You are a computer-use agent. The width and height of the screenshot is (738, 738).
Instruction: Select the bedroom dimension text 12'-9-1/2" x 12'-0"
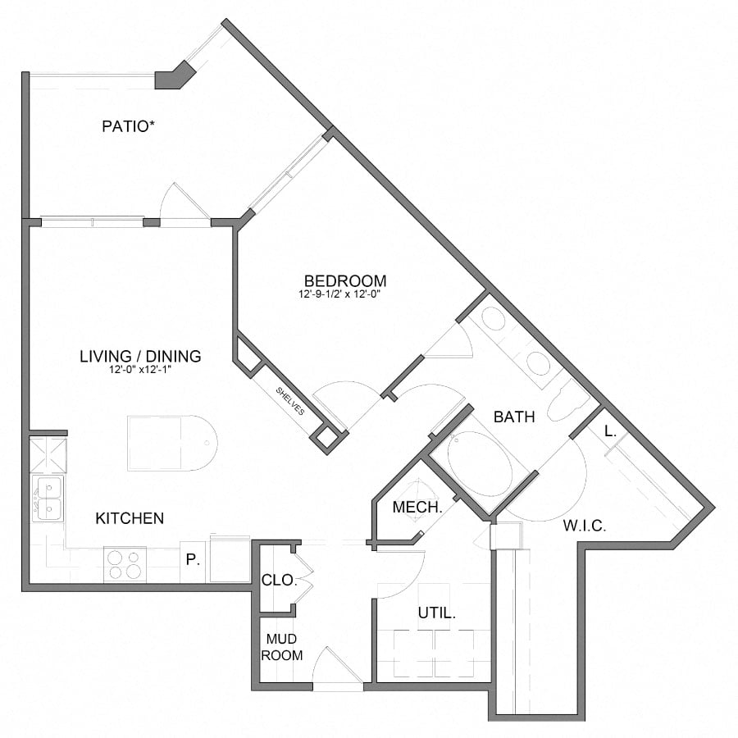coord(343,294)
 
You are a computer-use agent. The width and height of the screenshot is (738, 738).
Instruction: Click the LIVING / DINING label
coord(140,356)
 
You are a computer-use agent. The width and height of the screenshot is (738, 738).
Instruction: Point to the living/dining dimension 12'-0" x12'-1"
coord(140,369)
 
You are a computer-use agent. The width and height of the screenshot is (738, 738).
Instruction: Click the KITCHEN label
coord(130,518)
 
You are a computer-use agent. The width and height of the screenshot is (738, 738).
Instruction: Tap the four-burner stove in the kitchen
coord(125,565)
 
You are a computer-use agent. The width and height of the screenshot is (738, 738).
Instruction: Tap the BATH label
coord(514,417)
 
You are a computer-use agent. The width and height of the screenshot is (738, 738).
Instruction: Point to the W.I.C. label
coord(585,526)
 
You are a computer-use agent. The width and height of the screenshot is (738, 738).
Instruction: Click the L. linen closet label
coord(610,430)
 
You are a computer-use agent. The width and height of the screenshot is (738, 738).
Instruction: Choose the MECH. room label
coord(417,508)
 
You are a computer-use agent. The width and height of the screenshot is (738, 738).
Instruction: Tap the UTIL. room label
coord(436,612)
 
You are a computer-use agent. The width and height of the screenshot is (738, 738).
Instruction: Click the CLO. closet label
coord(278,579)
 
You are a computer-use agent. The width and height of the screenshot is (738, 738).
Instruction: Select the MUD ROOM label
coord(282,647)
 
